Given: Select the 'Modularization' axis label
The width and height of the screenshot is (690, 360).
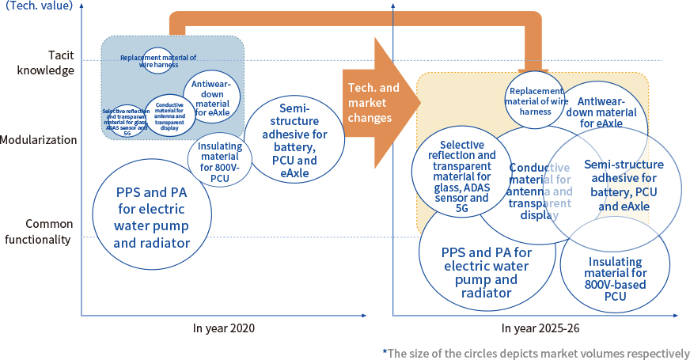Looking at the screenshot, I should tap(39, 140).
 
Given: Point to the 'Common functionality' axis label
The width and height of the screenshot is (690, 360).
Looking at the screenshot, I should tap(48, 231).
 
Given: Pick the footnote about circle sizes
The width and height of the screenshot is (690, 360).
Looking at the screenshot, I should tap(536, 352).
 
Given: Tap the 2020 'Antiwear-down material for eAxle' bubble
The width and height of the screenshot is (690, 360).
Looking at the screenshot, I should tap(211, 98).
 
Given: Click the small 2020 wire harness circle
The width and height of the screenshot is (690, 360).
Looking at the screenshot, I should tap(157, 61).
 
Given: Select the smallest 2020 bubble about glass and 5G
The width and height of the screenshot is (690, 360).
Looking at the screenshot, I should tap(126, 121).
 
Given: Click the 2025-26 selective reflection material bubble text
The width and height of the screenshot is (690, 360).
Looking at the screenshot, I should tap(462, 172).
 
